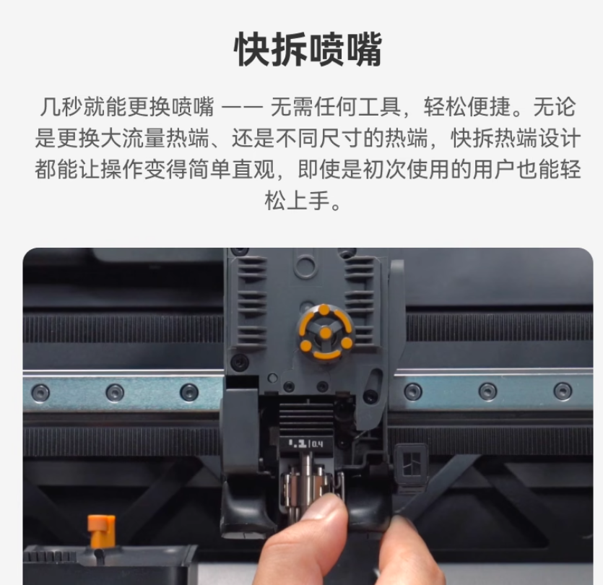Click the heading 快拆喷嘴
point(308,50)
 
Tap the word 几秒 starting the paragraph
point(61,107)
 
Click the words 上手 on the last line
point(308,200)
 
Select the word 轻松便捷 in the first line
point(467,107)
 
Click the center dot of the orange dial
point(326,333)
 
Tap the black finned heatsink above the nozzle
point(306,417)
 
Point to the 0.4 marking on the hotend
point(317,445)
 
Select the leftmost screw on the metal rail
point(40,392)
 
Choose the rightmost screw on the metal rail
point(563,390)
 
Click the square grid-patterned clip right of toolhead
point(411,464)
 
